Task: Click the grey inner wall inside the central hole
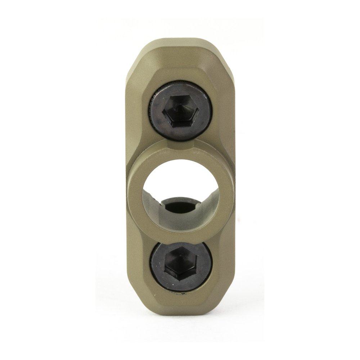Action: click(151, 205)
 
